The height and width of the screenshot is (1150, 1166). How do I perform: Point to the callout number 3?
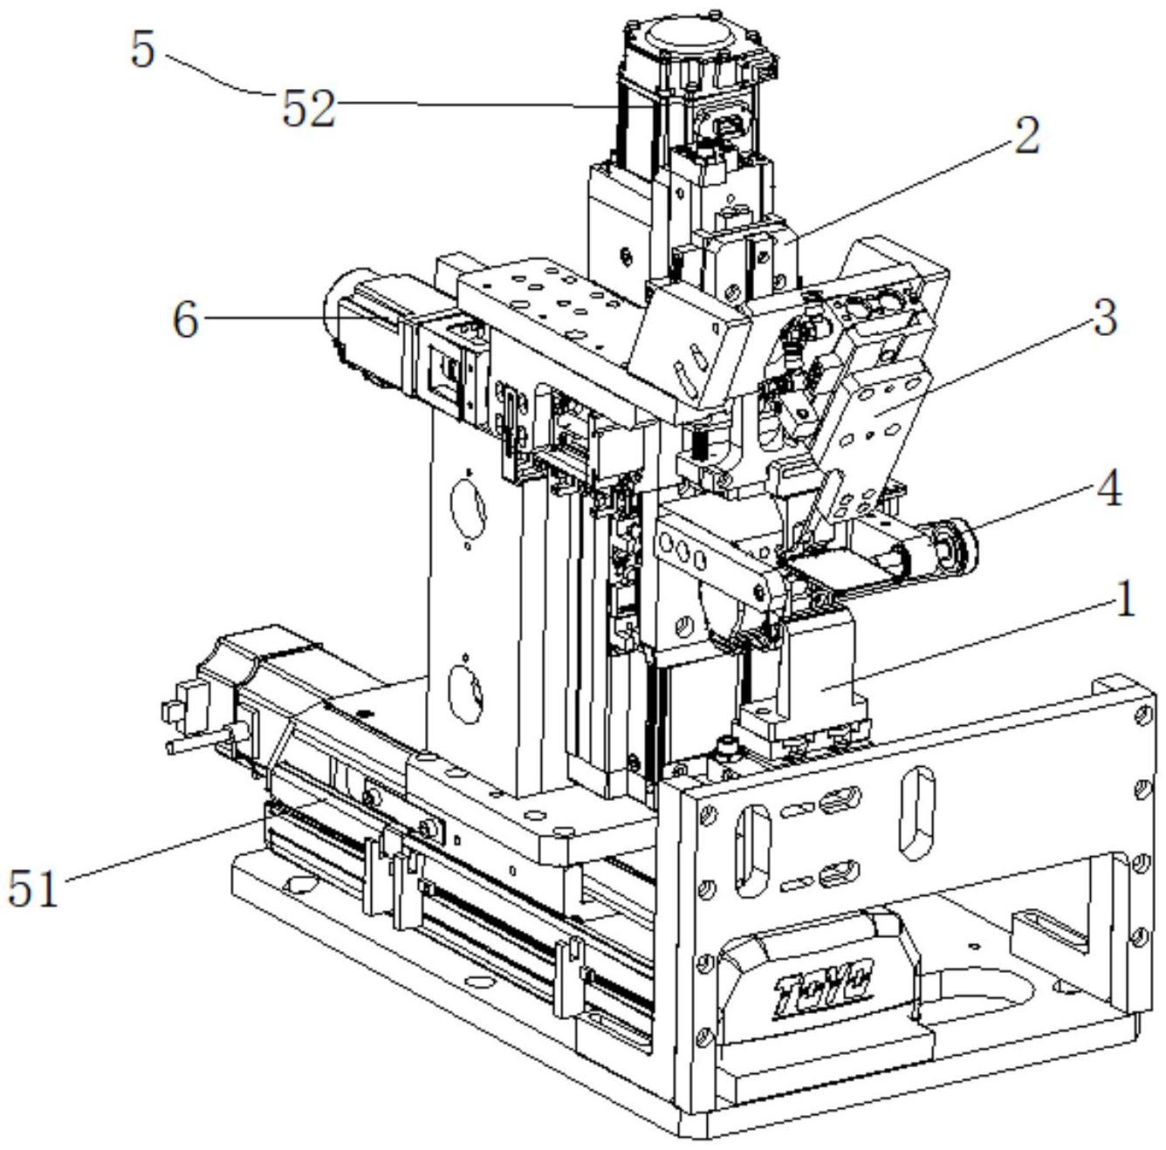[1105, 318]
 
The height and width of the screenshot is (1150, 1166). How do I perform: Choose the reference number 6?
[185, 320]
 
